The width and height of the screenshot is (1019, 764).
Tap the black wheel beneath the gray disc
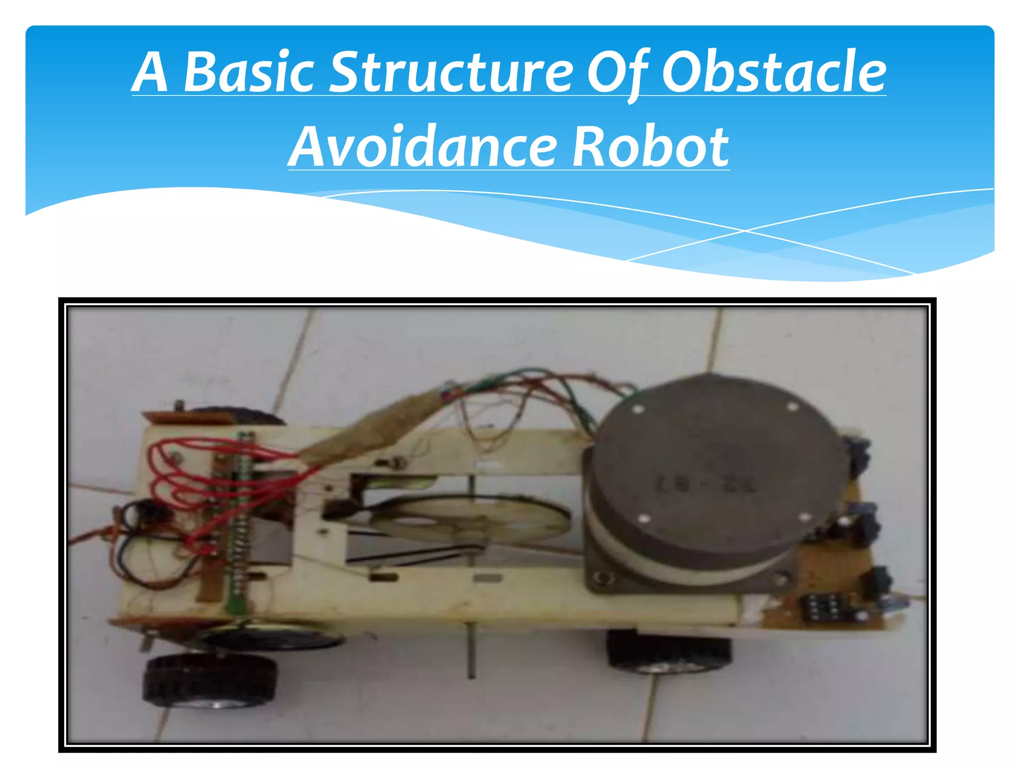[669, 652]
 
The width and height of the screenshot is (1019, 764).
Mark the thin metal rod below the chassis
[471, 652]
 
